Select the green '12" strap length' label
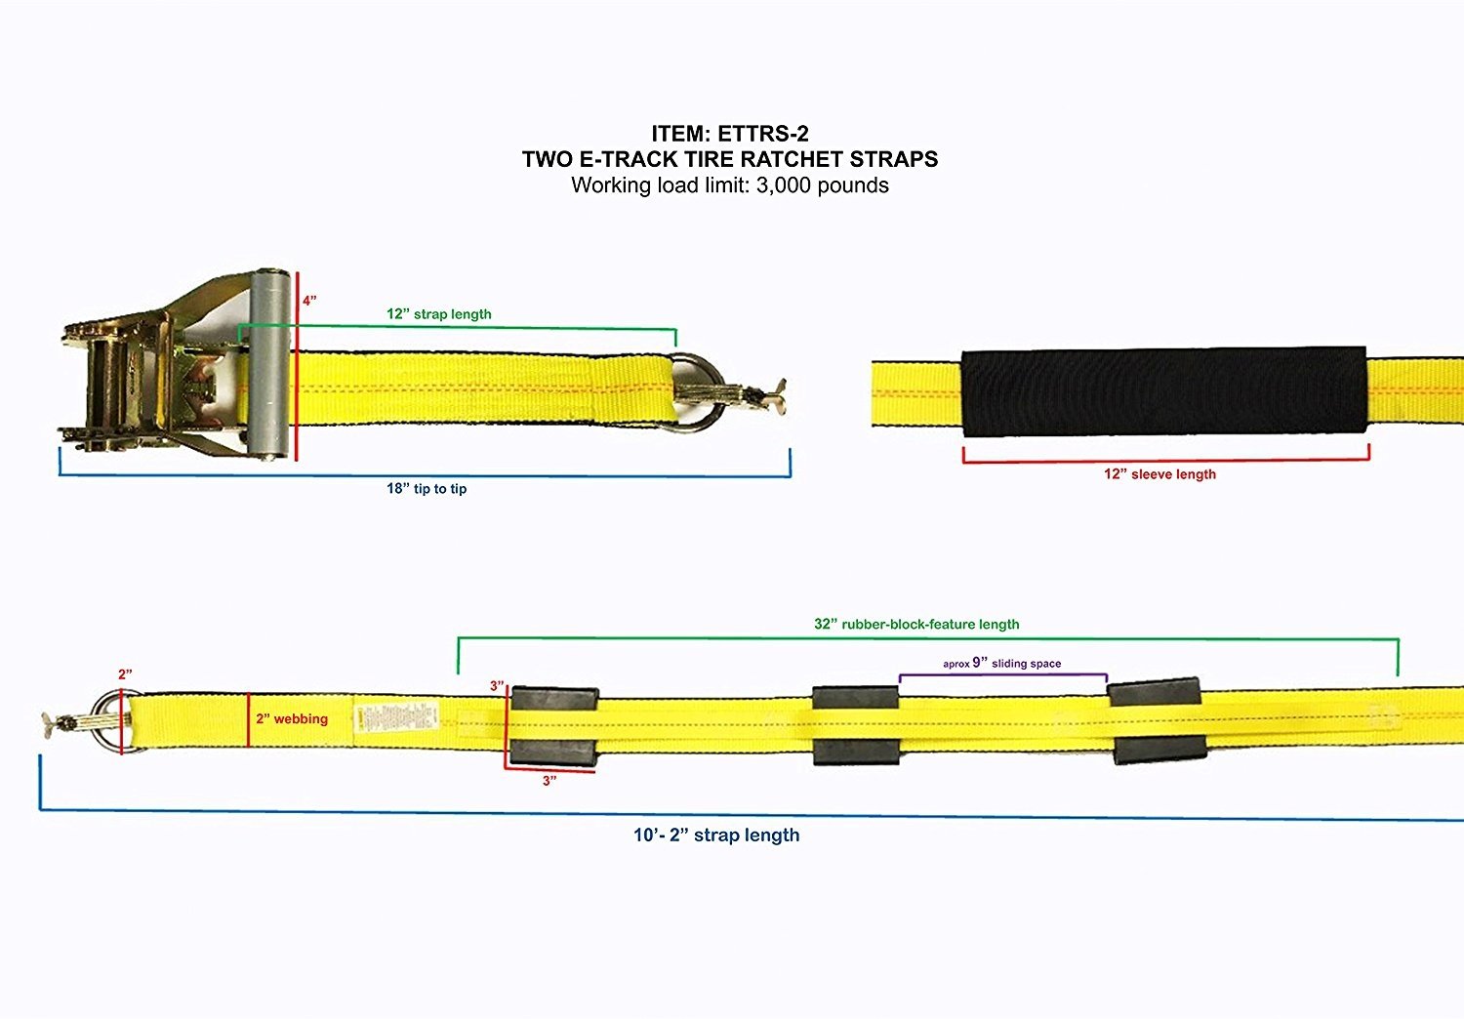pyautogui.click(x=439, y=314)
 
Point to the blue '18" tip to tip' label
pyautogui.click(x=427, y=488)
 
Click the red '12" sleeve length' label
pyautogui.click(x=1159, y=474)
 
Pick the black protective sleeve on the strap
pyautogui.click(x=1163, y=392)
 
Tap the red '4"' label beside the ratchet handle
pyautogui.click(x=308, y=301)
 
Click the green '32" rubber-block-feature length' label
pyautogui.click(x=916, y=624)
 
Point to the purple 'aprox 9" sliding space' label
pyautogui.click(x=1001, y=664)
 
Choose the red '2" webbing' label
pyautogui.click(x=292, y=719)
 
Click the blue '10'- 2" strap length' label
pyautogui.click(x=716, y=836)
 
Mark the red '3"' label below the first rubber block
pyautogui.click(x=549, y=781)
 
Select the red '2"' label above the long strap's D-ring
pyautogui.click(x=125, y=674)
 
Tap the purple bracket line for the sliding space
pyautogui.click(x=1002, y=674)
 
